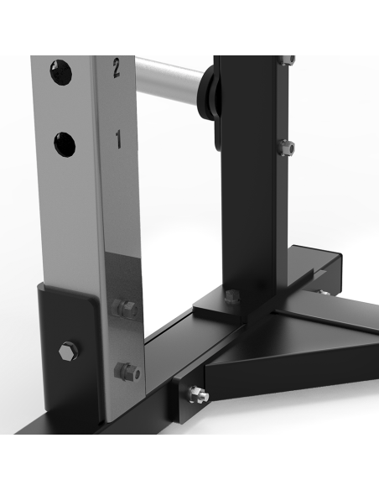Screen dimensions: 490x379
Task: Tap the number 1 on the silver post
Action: (x=117, y=140)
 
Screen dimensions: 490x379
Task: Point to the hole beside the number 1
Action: (x=64, y=143)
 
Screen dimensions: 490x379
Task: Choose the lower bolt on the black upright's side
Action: (x=289, y=148)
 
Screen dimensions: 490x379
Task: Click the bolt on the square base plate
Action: (x=233, y=295)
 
